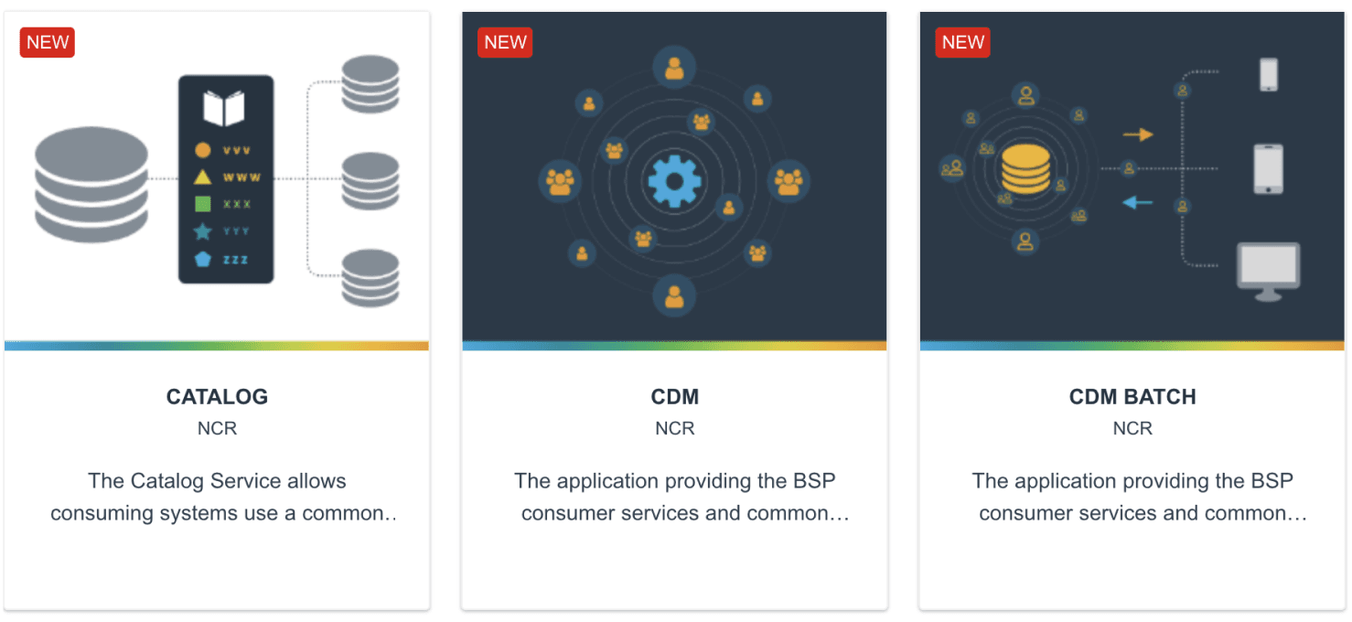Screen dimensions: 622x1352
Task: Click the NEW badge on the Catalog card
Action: coord(47,42)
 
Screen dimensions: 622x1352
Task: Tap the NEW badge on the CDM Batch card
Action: coord(962,42)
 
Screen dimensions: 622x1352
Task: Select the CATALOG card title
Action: coord(217,397)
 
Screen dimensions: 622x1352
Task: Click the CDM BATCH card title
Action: coord(1132,397)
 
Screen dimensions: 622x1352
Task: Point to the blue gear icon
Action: coord(674,180)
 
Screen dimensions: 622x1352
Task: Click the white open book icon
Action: coord(224,108)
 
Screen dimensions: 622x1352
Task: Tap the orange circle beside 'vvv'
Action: coord(203,150)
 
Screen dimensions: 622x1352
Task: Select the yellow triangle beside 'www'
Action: coord(203,177)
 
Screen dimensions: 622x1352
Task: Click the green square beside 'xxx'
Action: coord(203,204)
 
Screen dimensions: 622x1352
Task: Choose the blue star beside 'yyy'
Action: coord(203,231)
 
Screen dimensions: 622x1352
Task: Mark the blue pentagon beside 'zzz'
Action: coord(203,259)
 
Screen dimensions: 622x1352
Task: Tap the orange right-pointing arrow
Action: coord(1138,134)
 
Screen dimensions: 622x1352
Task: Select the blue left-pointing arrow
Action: coord(1138,203)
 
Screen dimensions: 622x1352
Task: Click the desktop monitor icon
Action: coord(1268,271)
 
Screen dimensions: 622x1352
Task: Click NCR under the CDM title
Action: coord(674,428)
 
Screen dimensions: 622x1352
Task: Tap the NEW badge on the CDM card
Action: coord(505,42)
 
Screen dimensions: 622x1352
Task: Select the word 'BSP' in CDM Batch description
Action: coord(1272,481)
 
